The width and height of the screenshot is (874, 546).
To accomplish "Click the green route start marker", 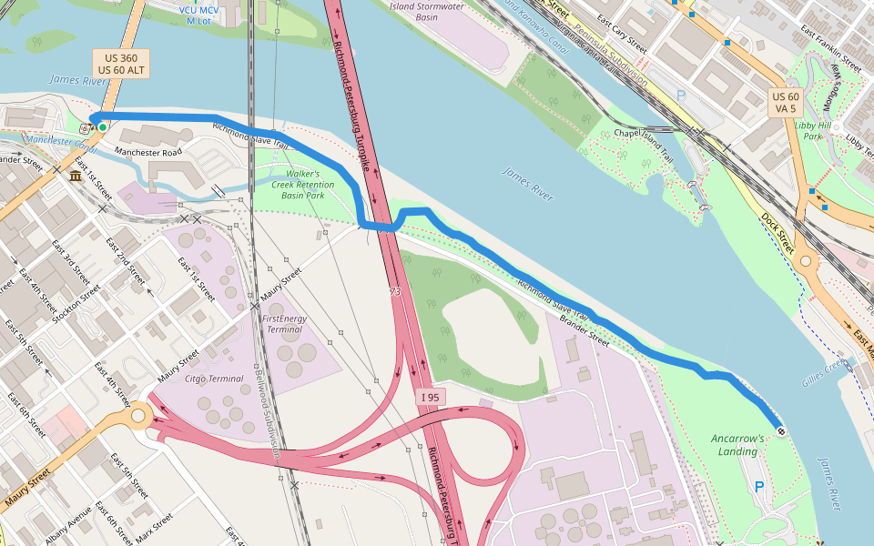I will pyautogui.click(x=103, y=127).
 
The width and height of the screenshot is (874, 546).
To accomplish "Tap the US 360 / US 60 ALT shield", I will pyautogui.click(x=120, y=64).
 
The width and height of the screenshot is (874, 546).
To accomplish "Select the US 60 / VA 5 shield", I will pyautogui.click(x=785, y=102).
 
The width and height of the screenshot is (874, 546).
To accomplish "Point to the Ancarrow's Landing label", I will pyautogui.click(x=737, y=445).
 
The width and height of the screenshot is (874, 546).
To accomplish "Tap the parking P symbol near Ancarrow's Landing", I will pyautogui.click(x=759, y=487).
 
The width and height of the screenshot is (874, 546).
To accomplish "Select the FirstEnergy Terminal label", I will pyautogui.click(x=284, y=325).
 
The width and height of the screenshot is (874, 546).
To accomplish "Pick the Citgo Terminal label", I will pyautogui.click(x=214, y=379).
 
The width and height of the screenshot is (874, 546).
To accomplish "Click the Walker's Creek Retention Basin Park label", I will pyautogui.click(x=303, y=184).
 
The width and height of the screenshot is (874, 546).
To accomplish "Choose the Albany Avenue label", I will pyautogui.click(x=68, y=525).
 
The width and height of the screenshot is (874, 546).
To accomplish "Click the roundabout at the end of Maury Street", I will pyautogui.click(x=137, y=417).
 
